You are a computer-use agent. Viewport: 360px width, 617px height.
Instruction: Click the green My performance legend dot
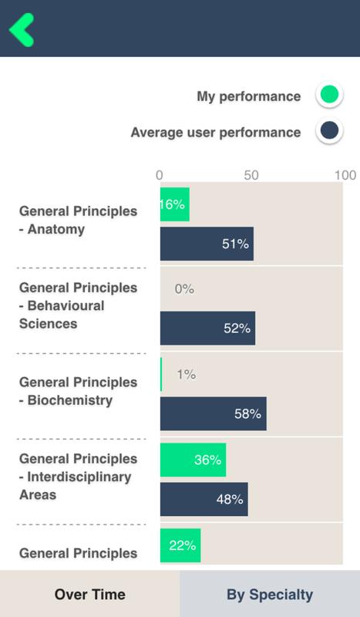329,94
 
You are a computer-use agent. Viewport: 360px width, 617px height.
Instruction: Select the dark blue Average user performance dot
329,130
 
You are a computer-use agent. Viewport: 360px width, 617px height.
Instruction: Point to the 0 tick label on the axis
159,175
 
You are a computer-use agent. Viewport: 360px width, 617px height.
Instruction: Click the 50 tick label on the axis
251,175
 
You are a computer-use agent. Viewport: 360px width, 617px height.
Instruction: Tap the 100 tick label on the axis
345,175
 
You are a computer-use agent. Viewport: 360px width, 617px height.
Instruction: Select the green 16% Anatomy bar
175,204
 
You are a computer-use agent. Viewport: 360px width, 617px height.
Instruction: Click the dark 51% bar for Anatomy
207,244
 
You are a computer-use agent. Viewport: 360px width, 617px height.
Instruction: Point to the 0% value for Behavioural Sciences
184,289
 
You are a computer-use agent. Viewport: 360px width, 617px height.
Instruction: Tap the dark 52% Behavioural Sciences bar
207,329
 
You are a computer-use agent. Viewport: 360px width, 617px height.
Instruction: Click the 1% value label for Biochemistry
186,374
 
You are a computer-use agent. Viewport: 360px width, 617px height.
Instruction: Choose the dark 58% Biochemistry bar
214,413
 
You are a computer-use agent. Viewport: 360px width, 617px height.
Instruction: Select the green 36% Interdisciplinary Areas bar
193,460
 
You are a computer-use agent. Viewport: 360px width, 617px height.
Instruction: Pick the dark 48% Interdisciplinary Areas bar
204,499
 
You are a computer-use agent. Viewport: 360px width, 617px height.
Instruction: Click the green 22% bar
180,545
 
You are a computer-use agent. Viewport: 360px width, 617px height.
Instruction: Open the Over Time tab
89,594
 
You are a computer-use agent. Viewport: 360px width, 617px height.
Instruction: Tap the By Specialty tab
270,594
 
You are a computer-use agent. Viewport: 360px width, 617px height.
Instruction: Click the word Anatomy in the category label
56,229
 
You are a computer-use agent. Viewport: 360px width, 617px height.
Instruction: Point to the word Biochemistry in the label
70,400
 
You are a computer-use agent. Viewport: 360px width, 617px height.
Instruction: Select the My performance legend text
249,96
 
